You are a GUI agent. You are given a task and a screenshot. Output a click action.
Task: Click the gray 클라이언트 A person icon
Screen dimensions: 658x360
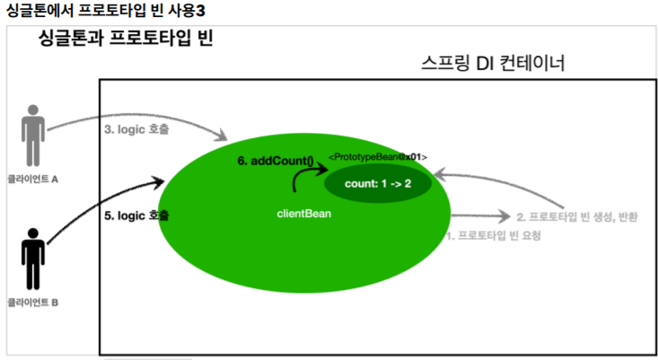pyautogui.click(x=33, y=136)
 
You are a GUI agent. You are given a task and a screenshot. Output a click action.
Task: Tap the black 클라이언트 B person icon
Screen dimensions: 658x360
pyautogui.click(x=33, y=258)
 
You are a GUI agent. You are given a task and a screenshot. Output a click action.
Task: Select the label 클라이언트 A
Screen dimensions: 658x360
pyautogui.click(x=32, y=178)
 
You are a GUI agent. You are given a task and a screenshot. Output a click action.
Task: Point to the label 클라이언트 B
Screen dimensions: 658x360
pyautogui.click(x=32, y=303)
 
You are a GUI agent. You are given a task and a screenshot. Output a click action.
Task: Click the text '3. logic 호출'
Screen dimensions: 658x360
pyautogui.click(x=135, y=128)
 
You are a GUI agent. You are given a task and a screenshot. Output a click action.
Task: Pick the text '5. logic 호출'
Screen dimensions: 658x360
pyautogui.click(x=136, y=216)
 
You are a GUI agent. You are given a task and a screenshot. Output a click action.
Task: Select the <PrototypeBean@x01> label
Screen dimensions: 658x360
pyautogui.click(x=377, y=157)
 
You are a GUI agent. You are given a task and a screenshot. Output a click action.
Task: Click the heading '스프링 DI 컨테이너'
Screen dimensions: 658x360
pyautogui.click(x=492, y=65)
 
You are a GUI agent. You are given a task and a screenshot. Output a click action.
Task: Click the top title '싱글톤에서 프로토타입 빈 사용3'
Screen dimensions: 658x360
pyautogui.click(x=99, y=11)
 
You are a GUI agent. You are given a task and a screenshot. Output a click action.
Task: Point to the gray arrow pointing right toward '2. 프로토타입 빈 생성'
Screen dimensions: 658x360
pyautogui.click(x=480, y=216)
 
